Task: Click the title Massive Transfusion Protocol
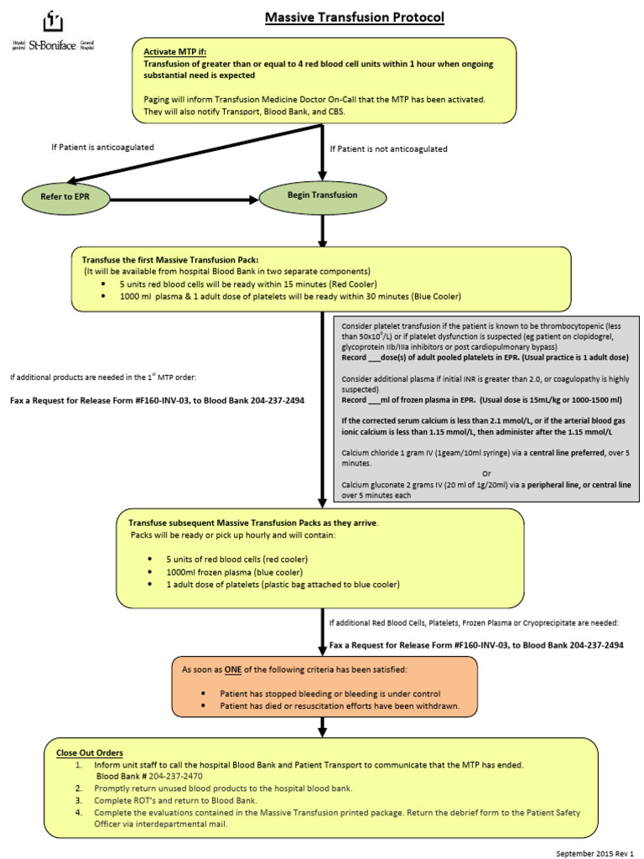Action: click(x=355, y=18)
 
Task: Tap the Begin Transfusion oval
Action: click(x=322, y=195)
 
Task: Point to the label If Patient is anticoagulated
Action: click(x=102, y=148)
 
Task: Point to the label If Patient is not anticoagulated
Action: click(x=388, y=148)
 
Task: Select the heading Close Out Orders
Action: click(x=90, y=752)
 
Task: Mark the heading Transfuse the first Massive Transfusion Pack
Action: click(x=176, y=259)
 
